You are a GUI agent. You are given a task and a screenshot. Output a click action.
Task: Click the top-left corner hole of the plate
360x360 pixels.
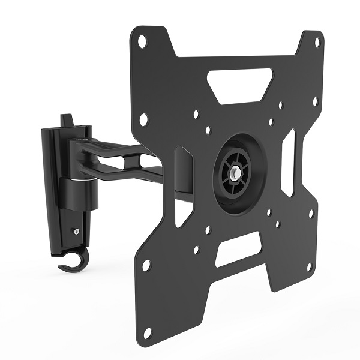coord(142,43)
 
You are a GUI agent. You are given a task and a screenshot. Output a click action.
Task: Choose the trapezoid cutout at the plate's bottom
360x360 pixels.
coord(239,249)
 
